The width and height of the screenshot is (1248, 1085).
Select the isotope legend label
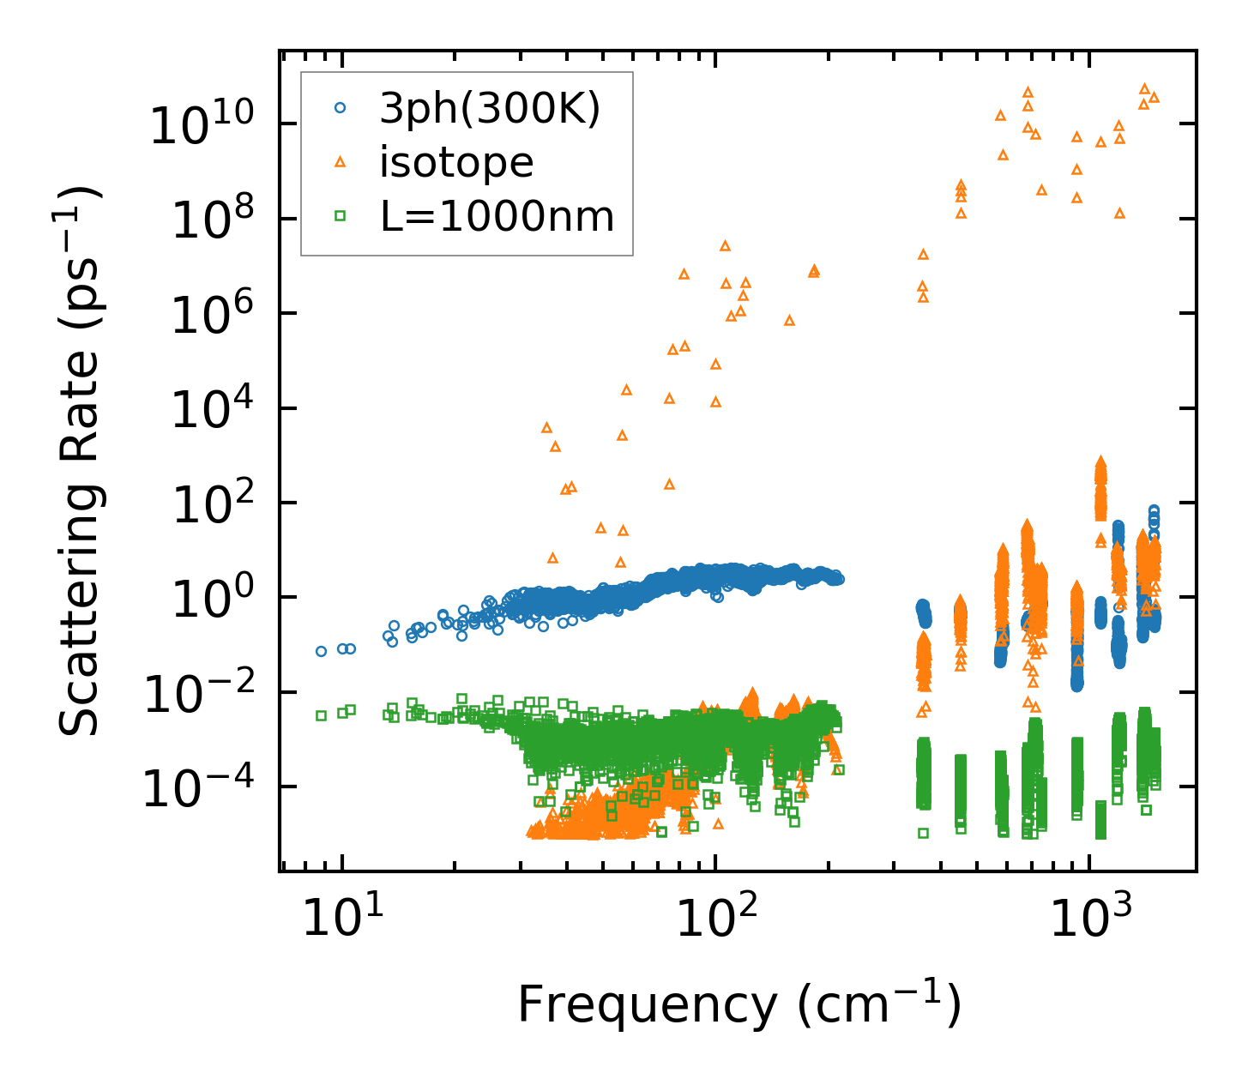pyautogui.click(x=456, y=162)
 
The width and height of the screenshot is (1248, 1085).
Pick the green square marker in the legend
pyautogui.click(x=340, y=216)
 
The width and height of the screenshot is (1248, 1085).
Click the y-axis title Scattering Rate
pyautogui.click(x=79, y=462)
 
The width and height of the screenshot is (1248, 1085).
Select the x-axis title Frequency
pyautogui.click(x=739, y=1004)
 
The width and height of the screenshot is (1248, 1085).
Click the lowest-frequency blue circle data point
pyautogui.click(x=321, y=651)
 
